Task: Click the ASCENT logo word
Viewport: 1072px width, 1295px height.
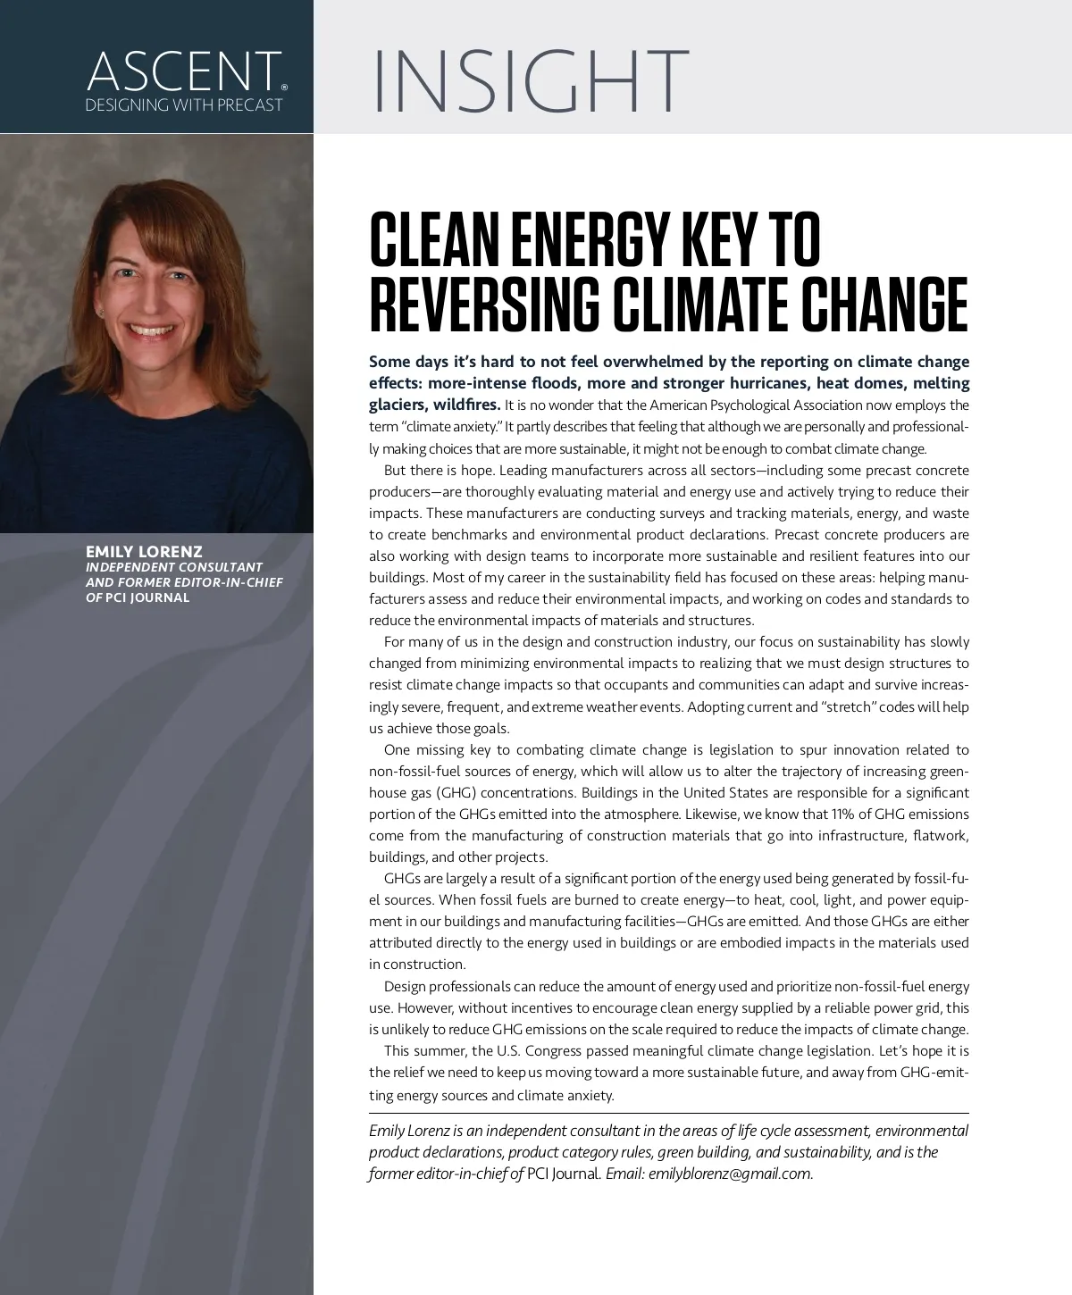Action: [x=183, y=71]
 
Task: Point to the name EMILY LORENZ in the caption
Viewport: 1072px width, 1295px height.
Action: [x=144, y=552]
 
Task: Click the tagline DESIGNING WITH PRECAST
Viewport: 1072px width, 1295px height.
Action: [x=183, y=105]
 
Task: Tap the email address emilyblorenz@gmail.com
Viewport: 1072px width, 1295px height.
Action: [x=730, y=1174]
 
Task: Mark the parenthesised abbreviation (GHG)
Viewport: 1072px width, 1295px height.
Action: [x=453, y=792]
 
